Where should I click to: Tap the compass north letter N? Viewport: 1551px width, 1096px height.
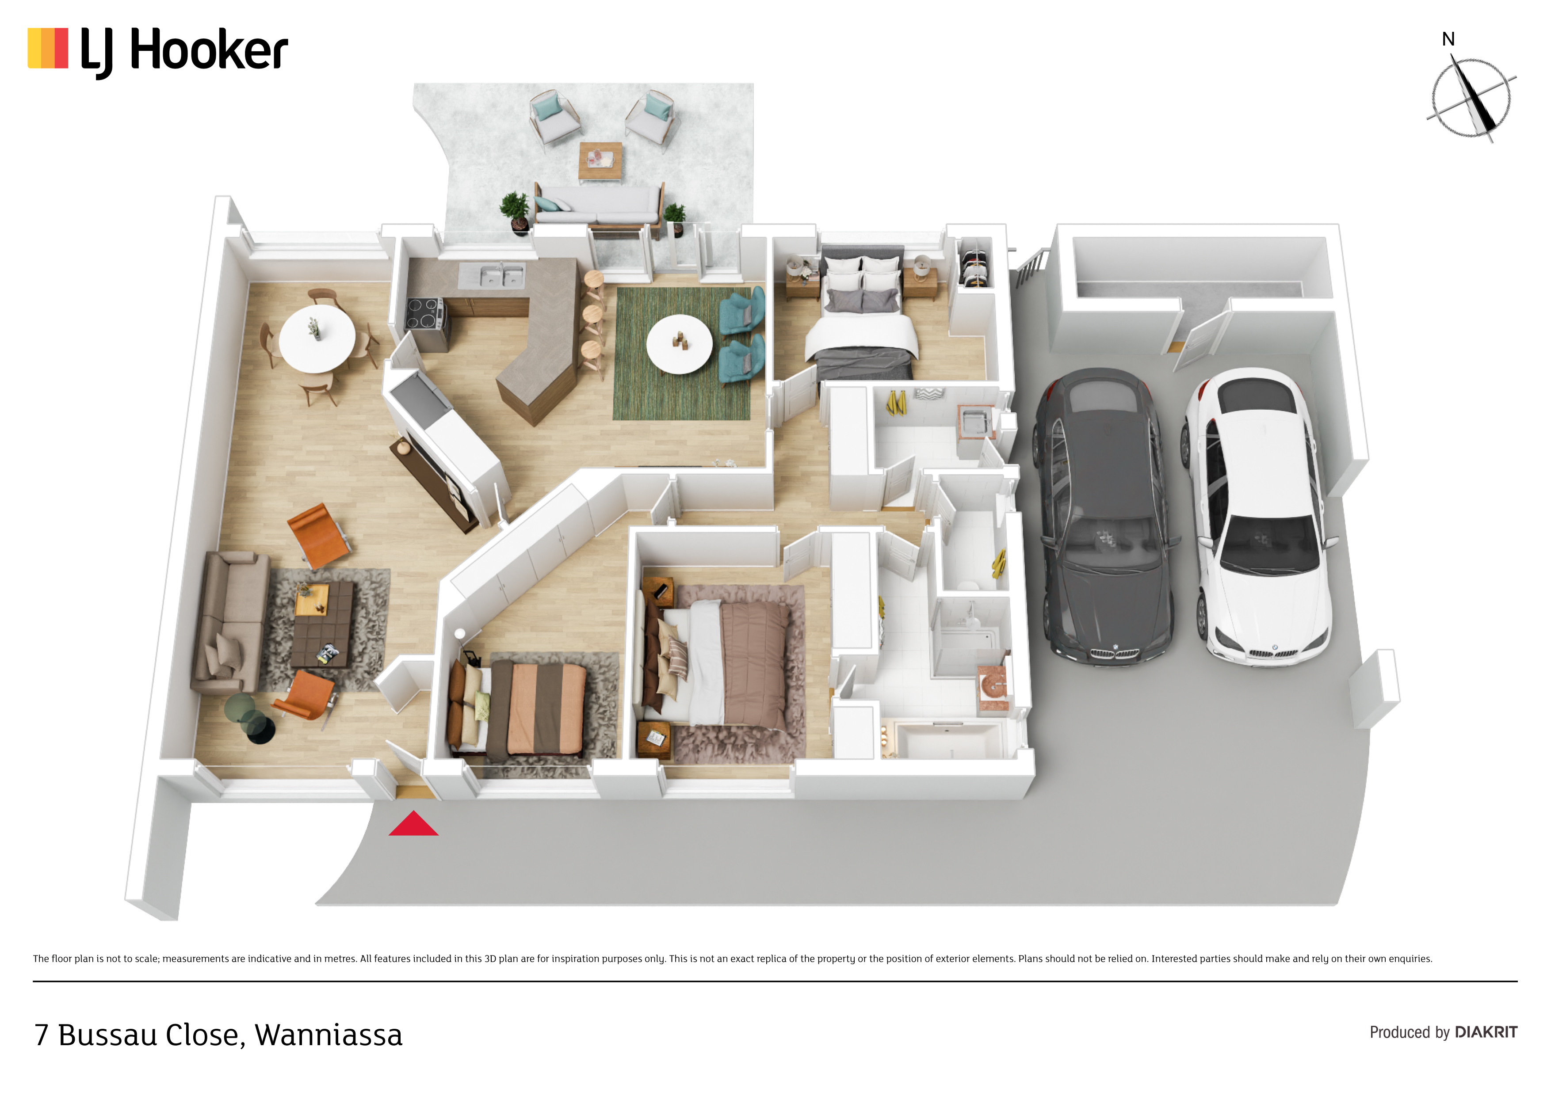coord(1448,39)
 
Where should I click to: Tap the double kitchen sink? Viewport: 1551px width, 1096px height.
coord(502,275)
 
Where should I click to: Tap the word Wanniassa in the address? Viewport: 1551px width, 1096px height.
coord(329,1035)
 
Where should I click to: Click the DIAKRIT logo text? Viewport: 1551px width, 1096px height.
coord(1486,1032)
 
